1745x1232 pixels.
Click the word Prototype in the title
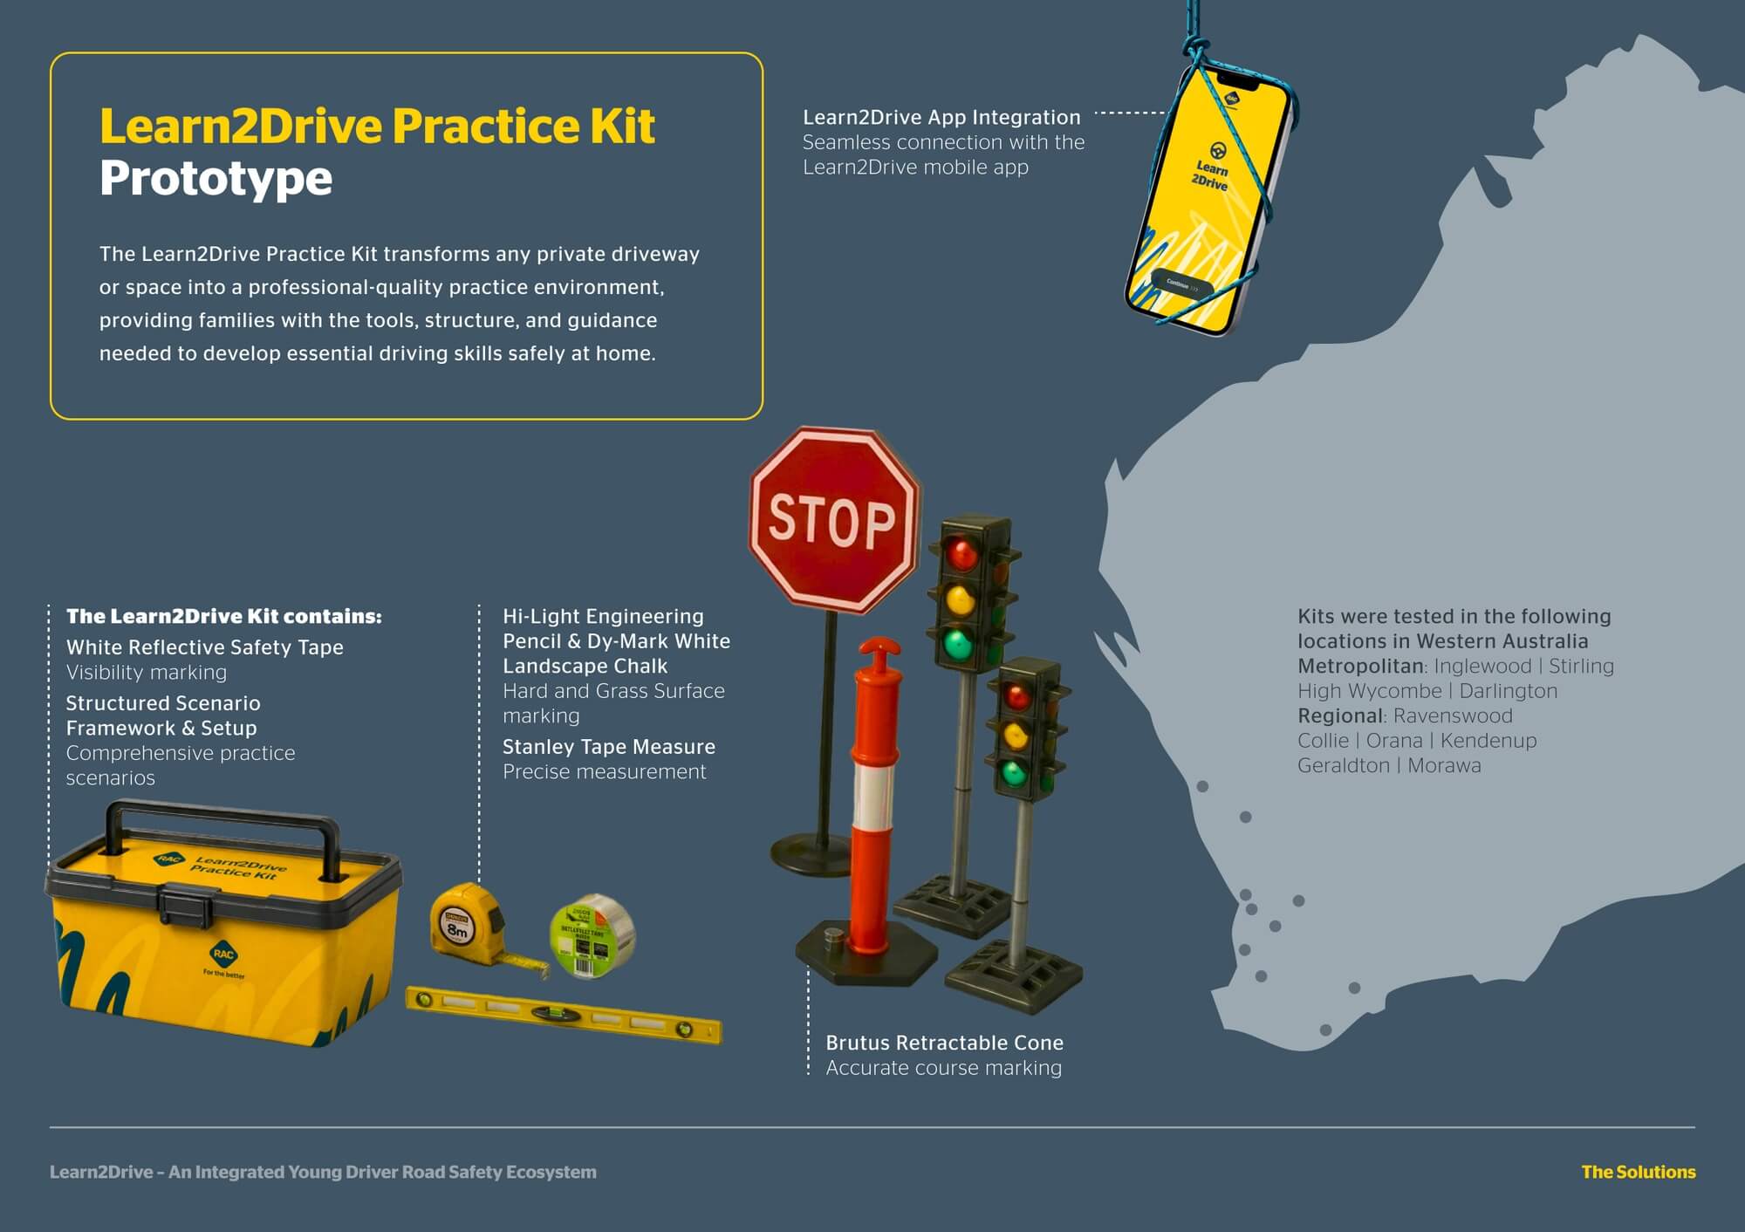click(x=216, y=180)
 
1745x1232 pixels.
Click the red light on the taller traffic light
click(x=961, y=554)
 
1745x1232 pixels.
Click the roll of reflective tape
click(x=592, y=936)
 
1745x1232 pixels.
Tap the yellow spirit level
click(x=565, y=1015)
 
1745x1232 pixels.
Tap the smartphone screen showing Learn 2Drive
click(x=1208, y=201)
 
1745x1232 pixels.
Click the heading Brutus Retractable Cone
click(x=944, y=1043)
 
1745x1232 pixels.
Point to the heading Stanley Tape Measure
click(x=609, y=747)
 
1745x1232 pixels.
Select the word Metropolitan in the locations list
click(x=1360, y=666)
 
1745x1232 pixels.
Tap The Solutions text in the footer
click(x=1639, y=1172)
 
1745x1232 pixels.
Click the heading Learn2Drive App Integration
click(x=941, y=117)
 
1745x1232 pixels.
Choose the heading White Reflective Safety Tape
click(x=205, y=647)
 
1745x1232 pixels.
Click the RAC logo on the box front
click(x=223, y=954)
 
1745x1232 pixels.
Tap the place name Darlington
click(x=1508, y=691)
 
